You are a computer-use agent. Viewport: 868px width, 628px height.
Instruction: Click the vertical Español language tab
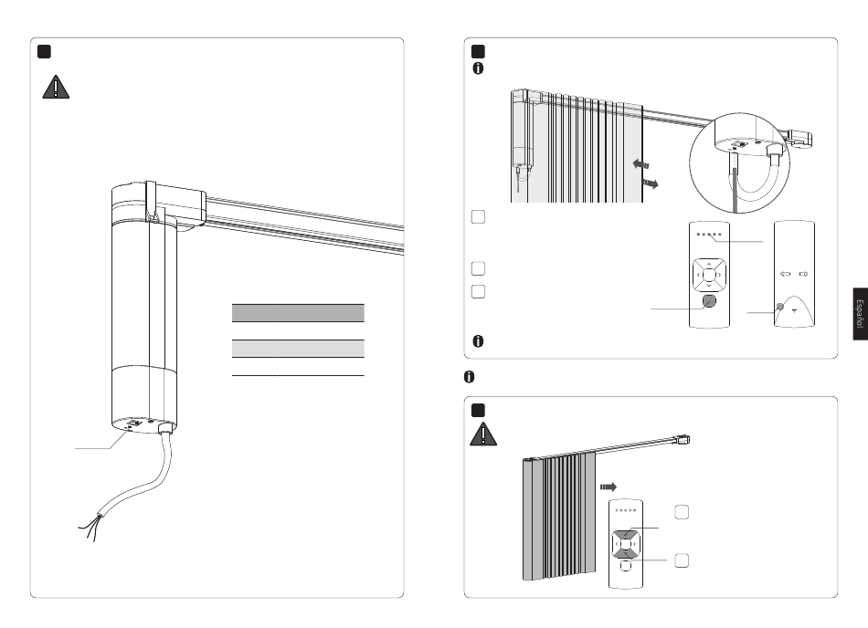coord(860,314)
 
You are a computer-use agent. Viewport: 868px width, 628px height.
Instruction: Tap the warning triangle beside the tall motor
coord(56,87)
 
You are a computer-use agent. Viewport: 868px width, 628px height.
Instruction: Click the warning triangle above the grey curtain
coord(483,434)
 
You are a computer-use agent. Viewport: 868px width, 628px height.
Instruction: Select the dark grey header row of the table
coord(298,313)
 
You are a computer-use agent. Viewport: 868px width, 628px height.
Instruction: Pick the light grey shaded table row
coord(298,349)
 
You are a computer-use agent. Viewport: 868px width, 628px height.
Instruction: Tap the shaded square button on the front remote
coord(709,300)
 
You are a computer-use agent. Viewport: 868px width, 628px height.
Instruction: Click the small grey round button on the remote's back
coord(780,307)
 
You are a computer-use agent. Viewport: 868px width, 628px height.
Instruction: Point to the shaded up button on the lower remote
coord(626,535)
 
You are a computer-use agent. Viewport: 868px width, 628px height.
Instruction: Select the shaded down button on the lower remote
coord(626,553)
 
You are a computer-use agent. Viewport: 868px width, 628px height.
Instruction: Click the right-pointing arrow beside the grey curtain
coord(609,487)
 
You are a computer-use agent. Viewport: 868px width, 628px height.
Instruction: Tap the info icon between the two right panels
coord(469,376)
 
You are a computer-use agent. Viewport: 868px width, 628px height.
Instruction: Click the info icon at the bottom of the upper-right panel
coord(478,341)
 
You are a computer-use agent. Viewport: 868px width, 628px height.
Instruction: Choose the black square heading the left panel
coord(44,51)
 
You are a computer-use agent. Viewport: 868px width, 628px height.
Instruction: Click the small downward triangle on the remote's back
coord(795,310)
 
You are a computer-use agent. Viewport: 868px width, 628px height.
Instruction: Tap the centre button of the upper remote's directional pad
coord(709,274)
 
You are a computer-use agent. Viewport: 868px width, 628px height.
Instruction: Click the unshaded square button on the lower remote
coord(626,566)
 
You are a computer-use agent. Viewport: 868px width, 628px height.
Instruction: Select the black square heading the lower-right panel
coord(478,410)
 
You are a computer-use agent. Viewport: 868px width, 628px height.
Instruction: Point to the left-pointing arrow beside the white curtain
coord(640,163)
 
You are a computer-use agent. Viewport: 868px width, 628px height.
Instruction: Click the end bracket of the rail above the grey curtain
coord(683,440)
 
